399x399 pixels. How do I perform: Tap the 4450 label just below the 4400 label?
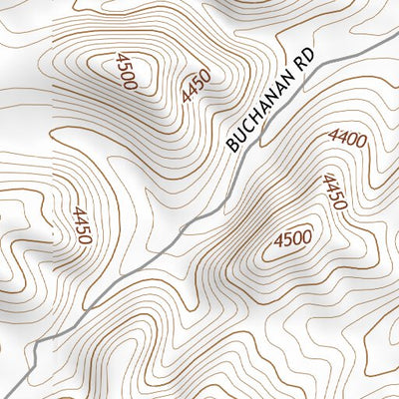[334, 192]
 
